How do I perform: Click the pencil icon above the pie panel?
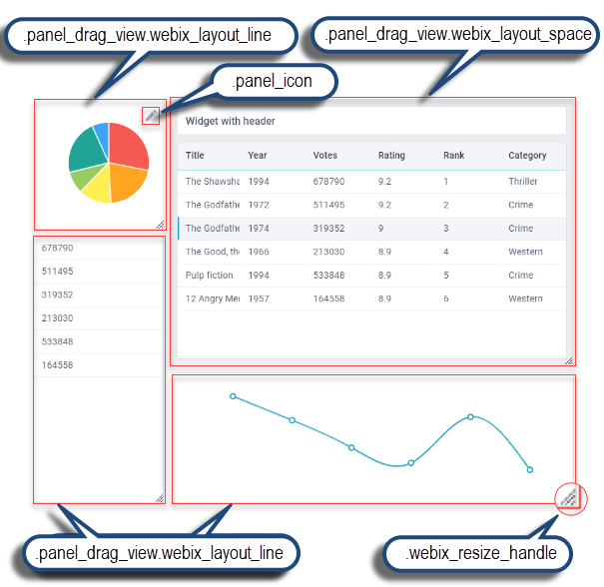tap(150, 116)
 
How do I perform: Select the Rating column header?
tap(391, 156)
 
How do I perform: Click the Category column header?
tap(527, 156)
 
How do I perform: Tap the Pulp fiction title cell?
tap(209, 275)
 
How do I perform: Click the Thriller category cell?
tap(522, 182)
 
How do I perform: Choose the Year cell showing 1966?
tap(258, 252)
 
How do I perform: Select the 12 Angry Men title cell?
tap(209, 298)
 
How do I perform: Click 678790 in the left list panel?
tap(57, 249)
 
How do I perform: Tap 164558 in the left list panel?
tap(57, 365)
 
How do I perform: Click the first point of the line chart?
tap(233, 396)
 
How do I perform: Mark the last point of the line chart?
tap(530, 469)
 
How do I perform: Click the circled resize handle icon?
tap(569, 496)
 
